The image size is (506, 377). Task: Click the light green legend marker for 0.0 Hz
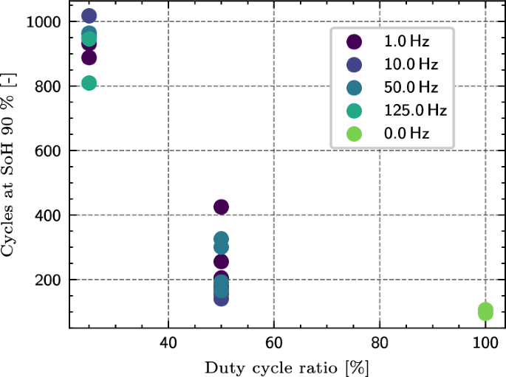355,134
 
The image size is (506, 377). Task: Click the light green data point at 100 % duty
485,311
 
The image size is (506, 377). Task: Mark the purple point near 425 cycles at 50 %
221,207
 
